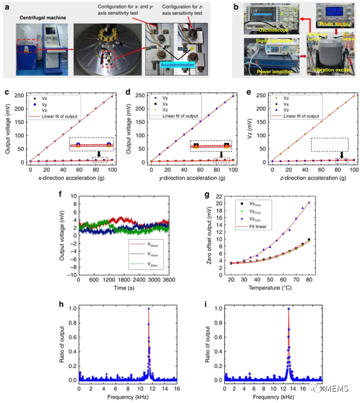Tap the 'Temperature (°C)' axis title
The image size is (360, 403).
[x=276, y=289]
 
